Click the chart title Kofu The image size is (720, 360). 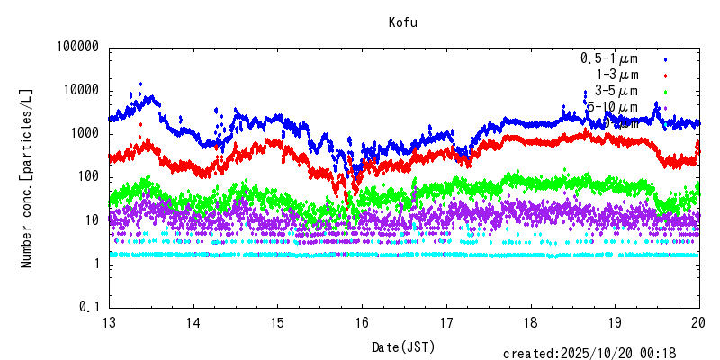pyautogui.click(x=402, y=22)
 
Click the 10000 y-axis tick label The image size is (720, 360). pyautogui.click(x=79, y=91)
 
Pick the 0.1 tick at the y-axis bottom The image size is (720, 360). pyautogui.click(x=89, y=307)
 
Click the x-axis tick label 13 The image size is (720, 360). pyautogui.click(x=109, y=323)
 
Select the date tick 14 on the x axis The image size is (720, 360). pyautogui.click(x=193, y=323)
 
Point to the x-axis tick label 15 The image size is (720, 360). pyautogui.click(x=277, y=323)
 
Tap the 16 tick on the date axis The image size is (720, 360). pyautogui.click(x=362, y=323)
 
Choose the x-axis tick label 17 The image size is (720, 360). pyautogui.click(x=446, y=323)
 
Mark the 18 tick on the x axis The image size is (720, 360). pyautogui.click(x=531, y=323)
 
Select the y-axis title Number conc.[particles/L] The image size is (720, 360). pyautogui.click(x=27, y=177)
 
